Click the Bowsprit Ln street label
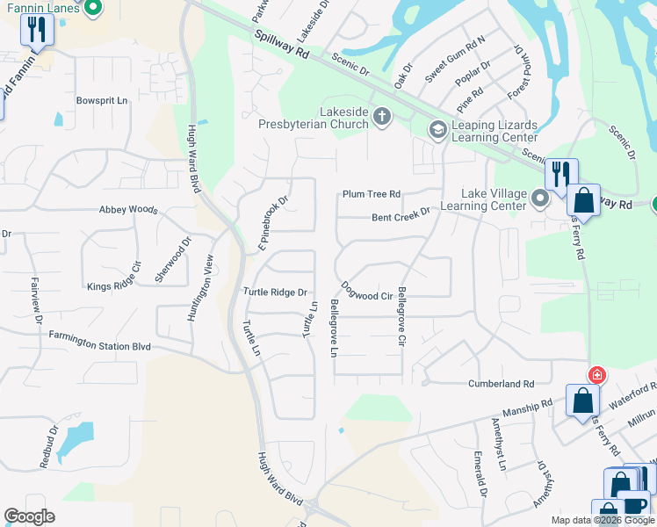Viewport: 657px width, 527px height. (x=102, y=101)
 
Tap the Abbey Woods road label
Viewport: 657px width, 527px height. (x=128, y=210)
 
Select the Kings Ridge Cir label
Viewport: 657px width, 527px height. (x=114, y=277)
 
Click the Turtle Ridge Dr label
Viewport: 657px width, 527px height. (x=275, y=292)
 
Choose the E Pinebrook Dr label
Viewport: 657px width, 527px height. (x=273, y=224)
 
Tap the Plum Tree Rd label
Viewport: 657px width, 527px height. (x=372, y=194)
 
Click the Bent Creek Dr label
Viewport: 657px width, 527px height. (x=401, y=213)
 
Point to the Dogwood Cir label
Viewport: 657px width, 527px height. (x=367, y=291)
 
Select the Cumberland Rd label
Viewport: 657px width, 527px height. (x=502, y=384)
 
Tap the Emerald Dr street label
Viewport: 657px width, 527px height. (x=480, y=475)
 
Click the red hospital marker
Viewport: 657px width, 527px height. (x=597, y=375)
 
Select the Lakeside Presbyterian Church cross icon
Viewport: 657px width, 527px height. (x=381, y=115)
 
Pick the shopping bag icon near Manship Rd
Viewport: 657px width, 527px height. (x=582, y=401)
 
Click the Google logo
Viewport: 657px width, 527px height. (x=29, y=516)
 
